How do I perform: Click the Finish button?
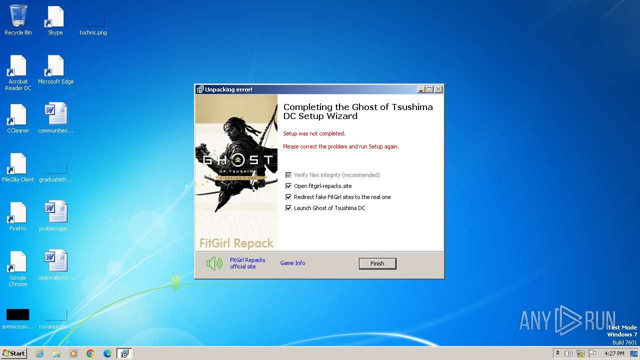tap(377, 263)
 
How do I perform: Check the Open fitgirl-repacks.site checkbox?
tap(288, 186)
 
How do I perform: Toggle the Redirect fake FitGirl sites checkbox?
tap(288, 197)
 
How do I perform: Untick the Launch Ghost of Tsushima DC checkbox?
tap(288, 208)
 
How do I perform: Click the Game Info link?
tap(292, 263)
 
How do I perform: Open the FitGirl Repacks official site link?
tap(247, 263)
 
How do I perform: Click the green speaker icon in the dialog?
tap(214, 263)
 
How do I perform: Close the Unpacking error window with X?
tap(438, 89)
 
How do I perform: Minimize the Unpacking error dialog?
tap(421, 89)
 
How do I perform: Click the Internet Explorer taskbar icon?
tap(39, 353)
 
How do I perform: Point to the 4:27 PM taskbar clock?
tap(614, 353)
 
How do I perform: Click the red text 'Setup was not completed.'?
tap(314, 133)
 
